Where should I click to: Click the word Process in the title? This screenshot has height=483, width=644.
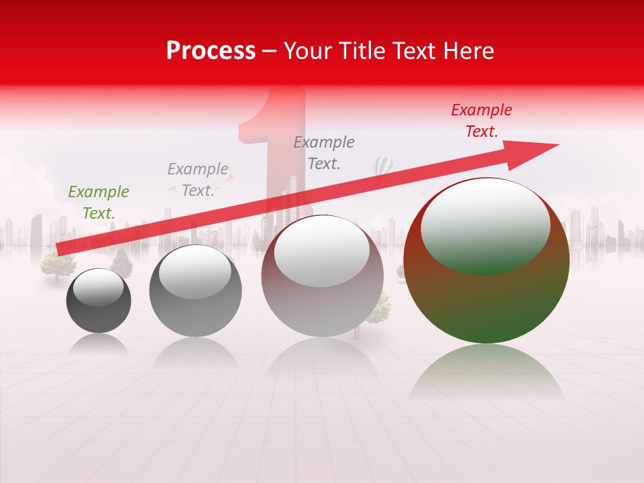pyautogui.click(x=211, y=51)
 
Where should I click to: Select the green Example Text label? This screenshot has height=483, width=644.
pyautogui.click(x=98, y=203)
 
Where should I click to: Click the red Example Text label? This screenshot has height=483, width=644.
pyautogui.click(x=481, y=121)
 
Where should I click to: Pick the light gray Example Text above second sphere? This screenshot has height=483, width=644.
pyautogui.click(x=197, y=180)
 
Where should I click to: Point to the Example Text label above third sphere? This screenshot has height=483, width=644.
pyautogui.click(x=324, y=153)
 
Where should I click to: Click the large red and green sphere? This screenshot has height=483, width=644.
pyautogui.click(x=486, y=295)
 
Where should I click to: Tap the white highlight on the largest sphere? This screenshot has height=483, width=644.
pyautogui.click(x=485, y=225)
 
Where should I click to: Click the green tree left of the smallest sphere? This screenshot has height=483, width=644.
pyautogui.click(x=56, y=265)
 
